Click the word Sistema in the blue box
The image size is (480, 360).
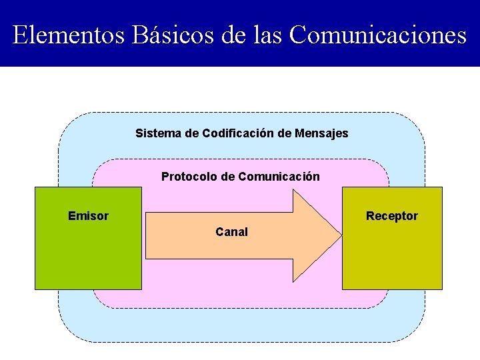point(158,133)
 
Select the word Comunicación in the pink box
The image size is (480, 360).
point(279,177)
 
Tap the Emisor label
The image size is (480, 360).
point(88,216)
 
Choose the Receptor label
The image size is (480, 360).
point(392,216)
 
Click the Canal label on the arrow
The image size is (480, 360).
point(231,232)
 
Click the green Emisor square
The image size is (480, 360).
point(88,253)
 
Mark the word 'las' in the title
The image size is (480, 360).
point(269,35)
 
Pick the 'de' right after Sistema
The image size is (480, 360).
point(191,133)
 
